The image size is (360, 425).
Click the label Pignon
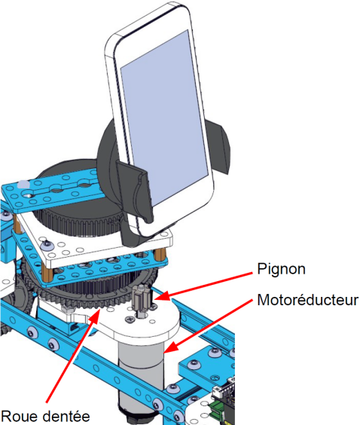281,269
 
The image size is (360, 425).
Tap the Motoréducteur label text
308,301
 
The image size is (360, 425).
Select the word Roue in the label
20,416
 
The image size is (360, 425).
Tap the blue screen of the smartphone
164,116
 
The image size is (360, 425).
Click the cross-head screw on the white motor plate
130,319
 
